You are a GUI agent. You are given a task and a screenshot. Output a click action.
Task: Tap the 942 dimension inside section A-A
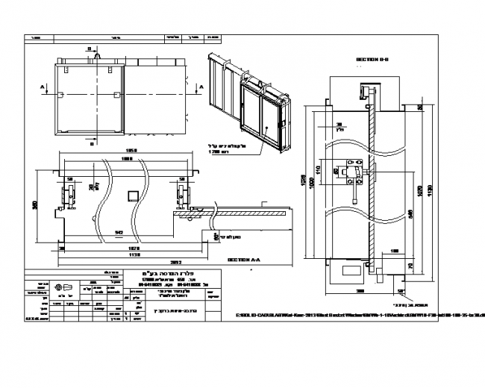119,232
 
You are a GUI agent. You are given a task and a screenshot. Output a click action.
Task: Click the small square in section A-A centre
133,195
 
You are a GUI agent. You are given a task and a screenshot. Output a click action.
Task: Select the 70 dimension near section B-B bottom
411,265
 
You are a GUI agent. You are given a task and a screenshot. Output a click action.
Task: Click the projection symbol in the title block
69,287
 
